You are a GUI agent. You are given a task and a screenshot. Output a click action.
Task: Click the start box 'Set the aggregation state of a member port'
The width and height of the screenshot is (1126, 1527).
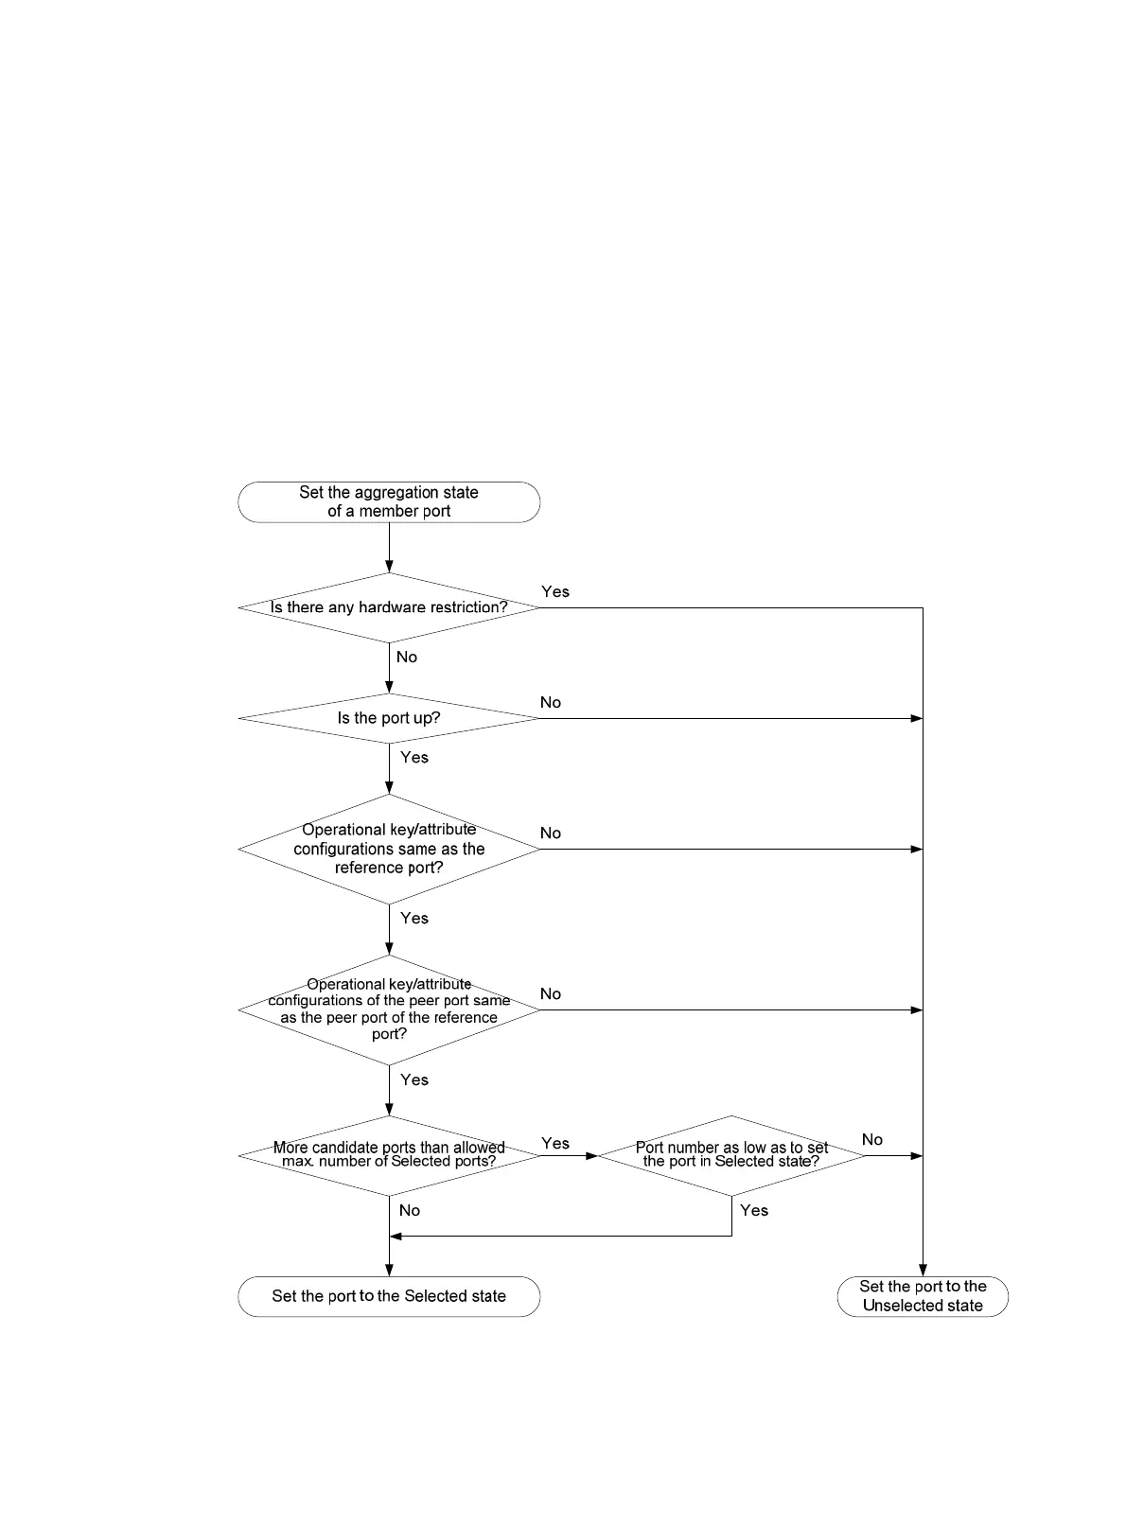click(x=389, y=501)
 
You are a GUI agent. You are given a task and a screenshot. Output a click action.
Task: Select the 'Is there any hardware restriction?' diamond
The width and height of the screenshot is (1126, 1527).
click(x=389, y=607)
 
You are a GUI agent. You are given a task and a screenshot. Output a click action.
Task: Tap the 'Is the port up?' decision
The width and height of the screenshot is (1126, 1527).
click(x=389, y=718)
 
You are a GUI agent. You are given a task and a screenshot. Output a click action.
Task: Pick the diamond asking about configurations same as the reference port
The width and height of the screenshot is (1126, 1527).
click(x=389, y=849)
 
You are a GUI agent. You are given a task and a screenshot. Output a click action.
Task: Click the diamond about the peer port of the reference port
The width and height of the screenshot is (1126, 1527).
click(x=389, y=1009)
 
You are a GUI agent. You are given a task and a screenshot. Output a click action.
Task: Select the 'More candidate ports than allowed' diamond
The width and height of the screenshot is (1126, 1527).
click(x=389, y=1155)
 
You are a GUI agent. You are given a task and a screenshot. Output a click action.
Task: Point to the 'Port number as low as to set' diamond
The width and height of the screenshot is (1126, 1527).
click(x=731, y=1155)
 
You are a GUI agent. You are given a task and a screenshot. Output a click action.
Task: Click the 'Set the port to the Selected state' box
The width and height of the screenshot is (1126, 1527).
click(x=389, y=1296)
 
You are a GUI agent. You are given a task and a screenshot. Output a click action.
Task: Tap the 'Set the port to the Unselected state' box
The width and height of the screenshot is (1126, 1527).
click(x=923, y=1296)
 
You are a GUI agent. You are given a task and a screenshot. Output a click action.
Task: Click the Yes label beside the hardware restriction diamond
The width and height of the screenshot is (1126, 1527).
click(x=555, y=591)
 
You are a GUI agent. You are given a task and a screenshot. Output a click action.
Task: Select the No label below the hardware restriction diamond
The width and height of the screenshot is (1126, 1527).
click(x=407, y=657)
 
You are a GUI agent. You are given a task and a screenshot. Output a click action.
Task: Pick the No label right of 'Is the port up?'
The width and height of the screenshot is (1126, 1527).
click(x=551, y=702)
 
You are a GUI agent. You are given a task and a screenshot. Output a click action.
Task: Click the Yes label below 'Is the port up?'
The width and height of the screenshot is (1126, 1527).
click(x=414, y=757)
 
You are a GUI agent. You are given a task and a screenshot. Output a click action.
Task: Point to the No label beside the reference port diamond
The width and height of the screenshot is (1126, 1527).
click(x=551, y=833)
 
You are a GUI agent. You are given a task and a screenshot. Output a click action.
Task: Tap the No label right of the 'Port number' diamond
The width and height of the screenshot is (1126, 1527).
click(x=872, y=1139)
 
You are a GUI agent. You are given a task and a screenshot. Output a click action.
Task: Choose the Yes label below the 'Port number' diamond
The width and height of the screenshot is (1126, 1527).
click(x=754, y=1210)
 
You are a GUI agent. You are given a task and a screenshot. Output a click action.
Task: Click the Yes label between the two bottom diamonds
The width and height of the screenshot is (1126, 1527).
click(x=555, y=1143)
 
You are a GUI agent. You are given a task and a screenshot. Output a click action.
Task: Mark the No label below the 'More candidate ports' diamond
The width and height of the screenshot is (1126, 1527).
click(x=410, y=1210)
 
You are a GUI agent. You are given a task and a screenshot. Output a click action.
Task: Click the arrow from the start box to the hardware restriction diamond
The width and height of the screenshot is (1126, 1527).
click(x=389, y=547)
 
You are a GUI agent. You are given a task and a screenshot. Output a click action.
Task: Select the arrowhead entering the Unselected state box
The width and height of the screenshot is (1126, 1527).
click(x=923, y=1270)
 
